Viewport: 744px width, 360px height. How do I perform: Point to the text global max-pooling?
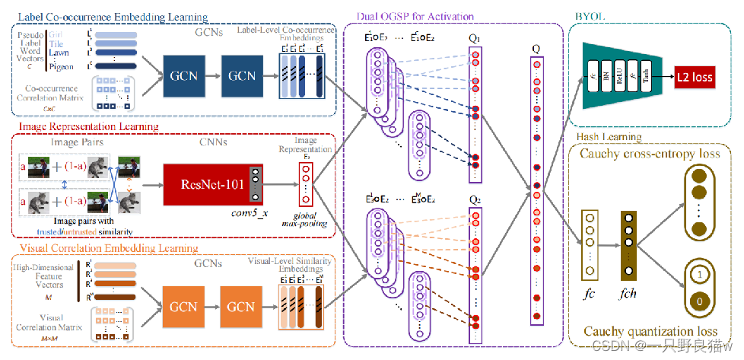click(304, 219)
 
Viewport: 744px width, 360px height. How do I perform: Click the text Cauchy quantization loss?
click(650, 330)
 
